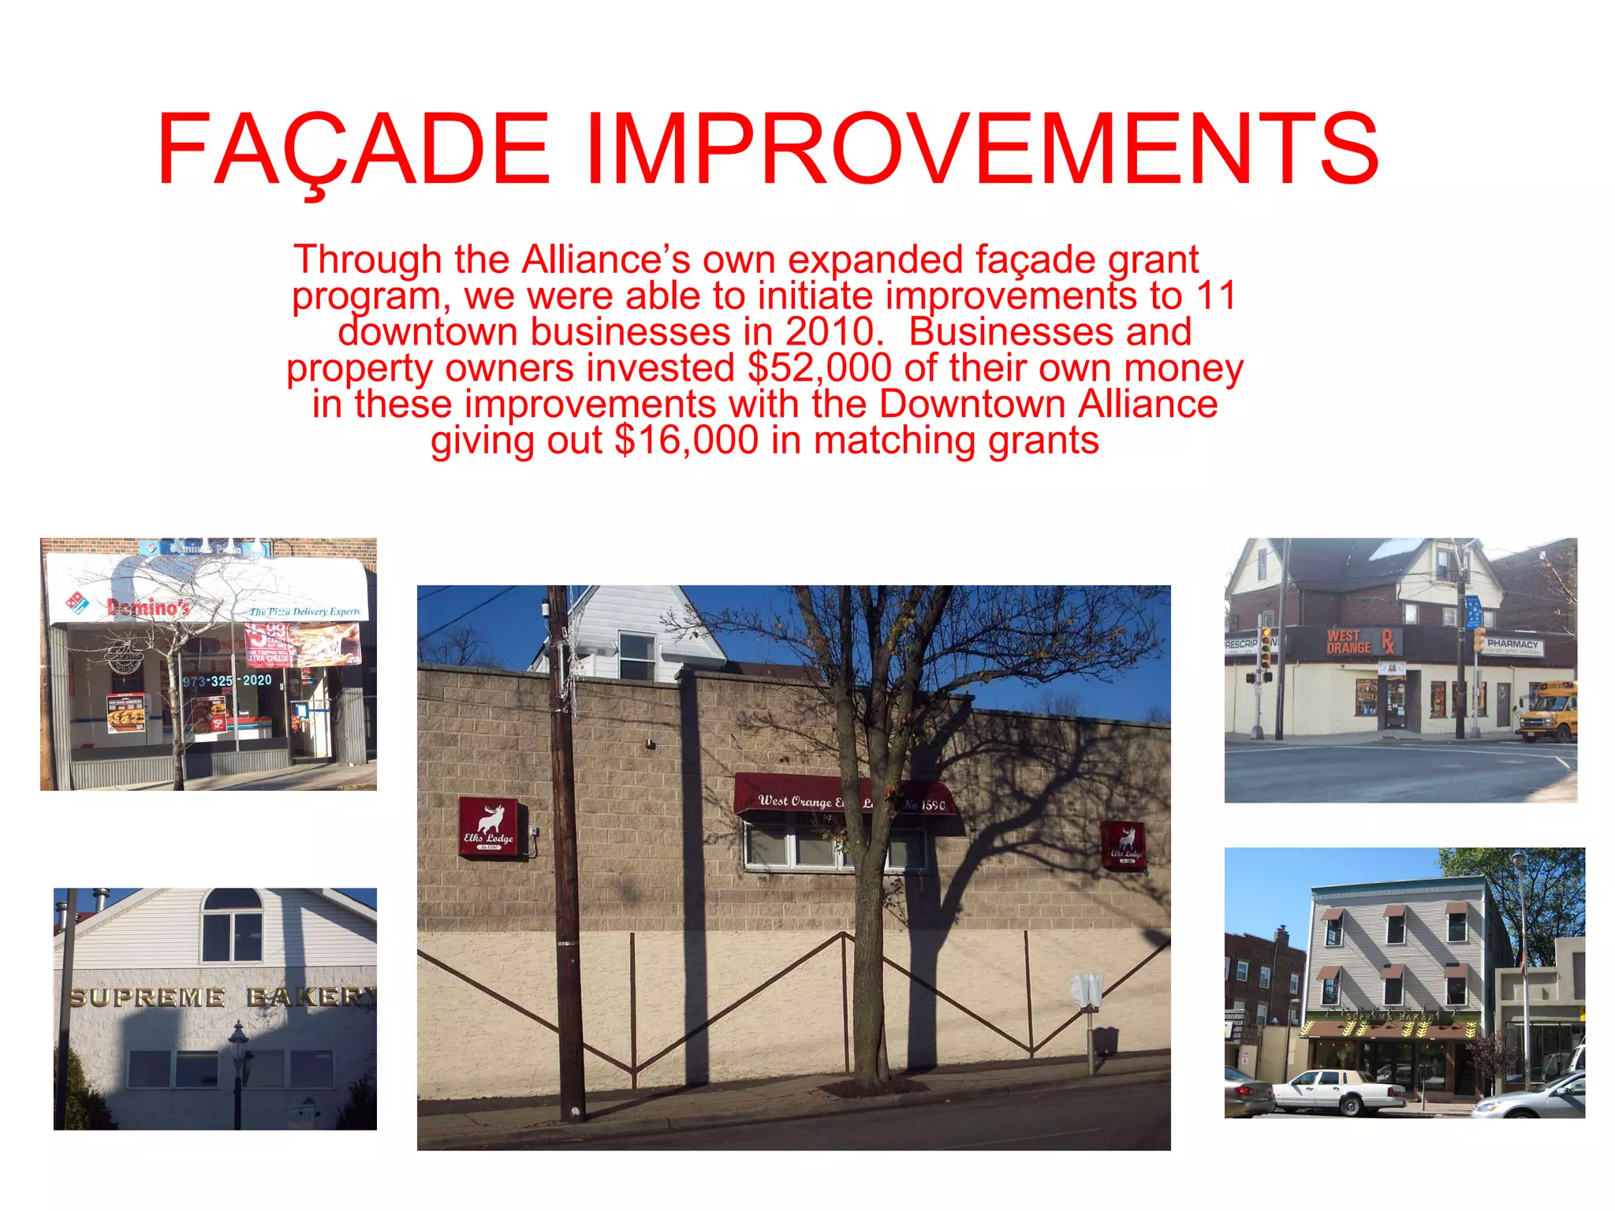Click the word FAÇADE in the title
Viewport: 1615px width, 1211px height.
click(353, 150)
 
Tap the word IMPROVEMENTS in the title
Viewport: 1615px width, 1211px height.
click(982, 150)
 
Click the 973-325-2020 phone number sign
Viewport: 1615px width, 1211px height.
click(227, 680)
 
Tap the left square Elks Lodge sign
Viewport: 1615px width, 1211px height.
click(490, 827)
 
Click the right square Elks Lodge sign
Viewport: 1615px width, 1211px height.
click(1123, 845)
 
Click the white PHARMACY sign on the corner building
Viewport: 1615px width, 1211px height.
click(1512, 646)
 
